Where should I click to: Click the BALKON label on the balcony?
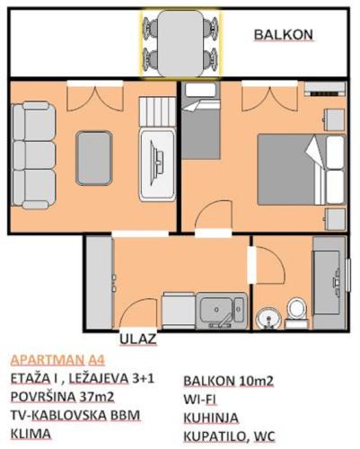pos(283,35)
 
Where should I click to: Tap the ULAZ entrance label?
pos(138,339)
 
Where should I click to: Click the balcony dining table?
pos(180,43)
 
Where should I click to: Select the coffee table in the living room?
pos(94,158)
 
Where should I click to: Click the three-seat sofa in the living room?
pos(33,155)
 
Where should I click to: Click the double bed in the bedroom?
pos(301,170)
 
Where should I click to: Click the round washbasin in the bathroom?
pos(268,319)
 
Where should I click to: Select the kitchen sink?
pos(223,311)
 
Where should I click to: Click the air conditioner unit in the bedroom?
pos(325,89)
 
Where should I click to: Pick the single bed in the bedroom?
pos(201,120)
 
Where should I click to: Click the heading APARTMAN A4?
pos(57,360)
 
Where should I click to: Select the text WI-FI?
pos(199,400)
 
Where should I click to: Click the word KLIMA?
pos(31,434)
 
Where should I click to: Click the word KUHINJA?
pos(211,418)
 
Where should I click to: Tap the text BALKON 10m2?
pos(228,381)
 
